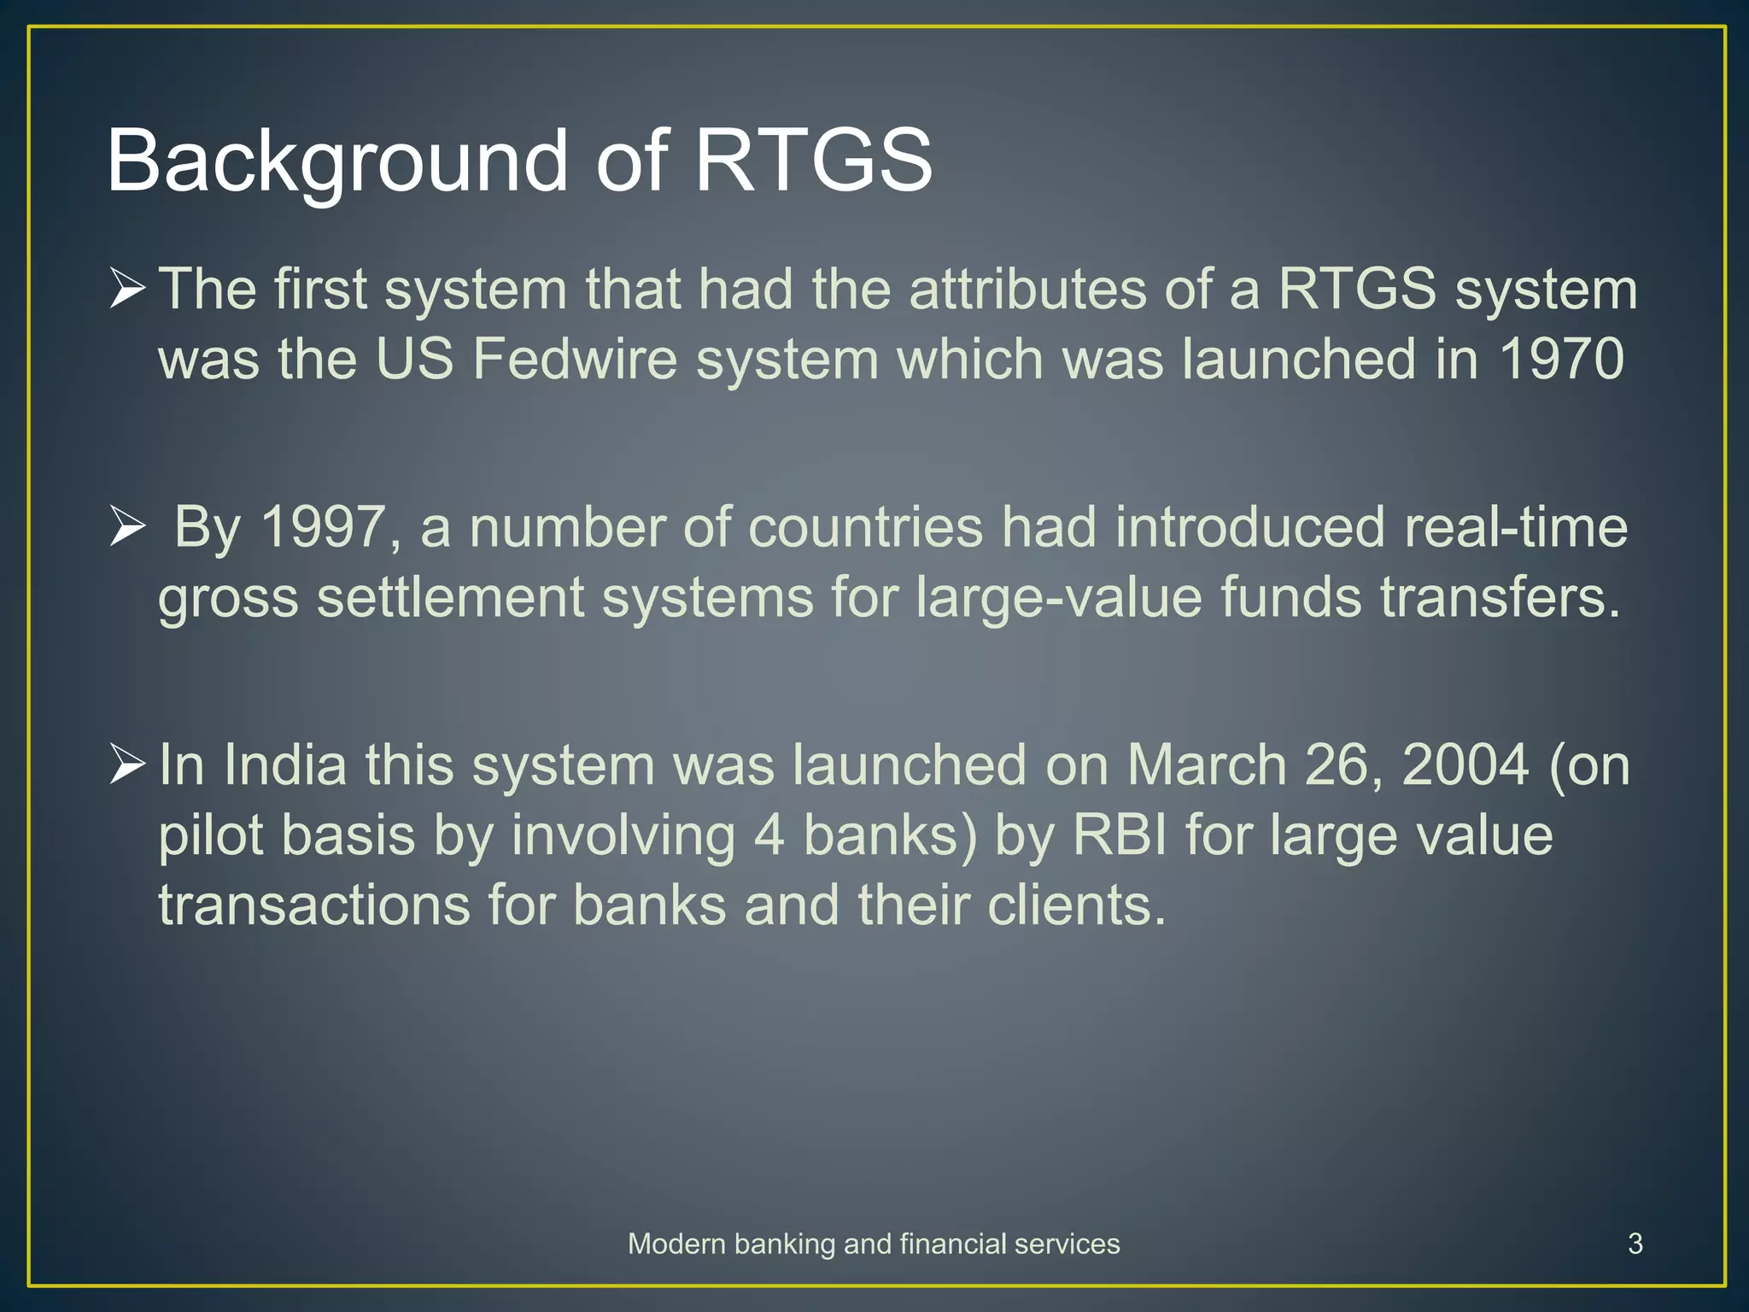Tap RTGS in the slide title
click(x=814, y=161)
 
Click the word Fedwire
click(x=574, y=359)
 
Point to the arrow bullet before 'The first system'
click(x=127, y=288)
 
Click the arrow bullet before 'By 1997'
click(x=127, y=526)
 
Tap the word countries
click(x=865, y=527)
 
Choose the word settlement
click(x=450, y=597)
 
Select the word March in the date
click(x=1206, y=764)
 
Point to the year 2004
click(x=1464, y=764)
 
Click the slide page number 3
click(x=1635, y=1244)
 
